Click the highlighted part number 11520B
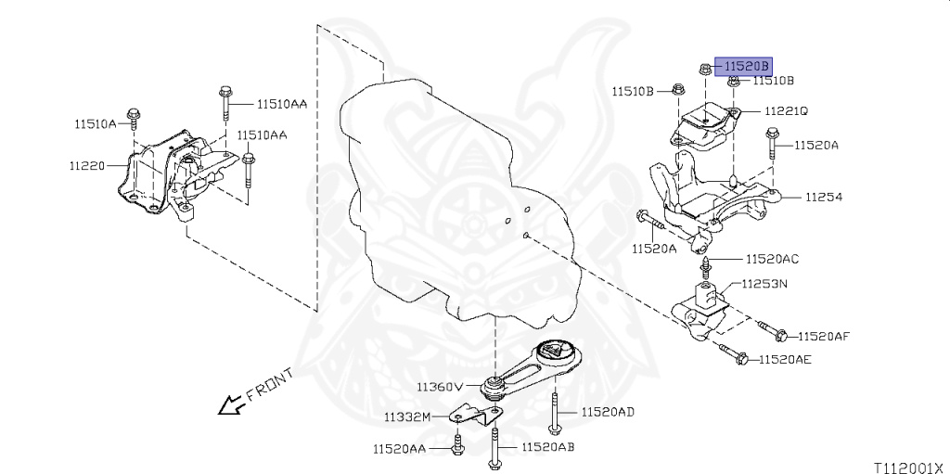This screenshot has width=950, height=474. coord(747,66)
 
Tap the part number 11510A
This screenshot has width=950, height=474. coord(96,122)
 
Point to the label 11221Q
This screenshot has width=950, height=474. coord(787,110)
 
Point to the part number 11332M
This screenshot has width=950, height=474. coord(409,416)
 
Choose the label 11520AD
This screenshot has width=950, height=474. coord(609,411)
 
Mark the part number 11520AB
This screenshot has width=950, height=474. coord(548,447)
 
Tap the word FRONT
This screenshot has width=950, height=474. coord(270,385)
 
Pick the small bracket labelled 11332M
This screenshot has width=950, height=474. coord(471,416)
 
